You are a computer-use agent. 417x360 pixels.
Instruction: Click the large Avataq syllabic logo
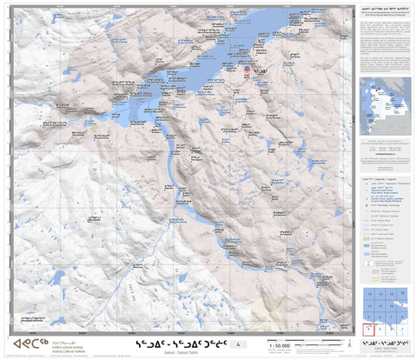tap(30, 344)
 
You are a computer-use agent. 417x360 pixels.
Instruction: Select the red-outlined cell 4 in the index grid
tap(370, 329)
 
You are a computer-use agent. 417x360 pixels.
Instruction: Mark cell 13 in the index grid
tap(370, 296)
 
